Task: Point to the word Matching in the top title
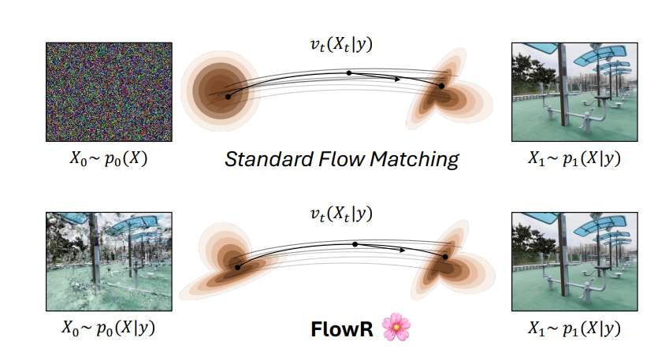click(x=418, y=160)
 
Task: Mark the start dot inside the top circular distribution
click(x=229, y=96)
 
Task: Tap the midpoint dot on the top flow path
click(x=349, y=73)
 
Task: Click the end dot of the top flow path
click(x=441, y=86)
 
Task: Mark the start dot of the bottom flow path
click(x=237, y=267)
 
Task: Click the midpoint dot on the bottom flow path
click(x=355, y=244)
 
